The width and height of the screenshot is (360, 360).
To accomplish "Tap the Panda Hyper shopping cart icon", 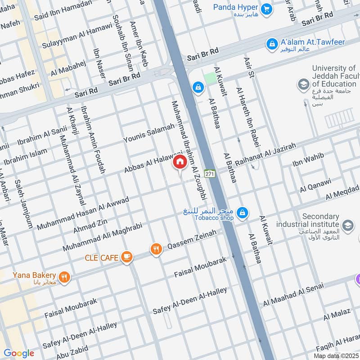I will pos(267,9).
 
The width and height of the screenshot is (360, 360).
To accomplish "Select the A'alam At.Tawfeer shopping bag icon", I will pos(272,44).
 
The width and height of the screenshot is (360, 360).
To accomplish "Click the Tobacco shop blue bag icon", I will pos(242,212).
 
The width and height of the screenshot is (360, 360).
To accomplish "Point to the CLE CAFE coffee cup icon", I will pos(127,257).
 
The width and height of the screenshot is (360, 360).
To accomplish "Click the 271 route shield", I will pos(209,174).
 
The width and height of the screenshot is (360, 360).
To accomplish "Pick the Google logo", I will pos(19,353).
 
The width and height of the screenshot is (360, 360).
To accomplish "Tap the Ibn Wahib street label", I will pos(308,160).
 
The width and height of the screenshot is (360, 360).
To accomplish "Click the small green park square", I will pos(210,77).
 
